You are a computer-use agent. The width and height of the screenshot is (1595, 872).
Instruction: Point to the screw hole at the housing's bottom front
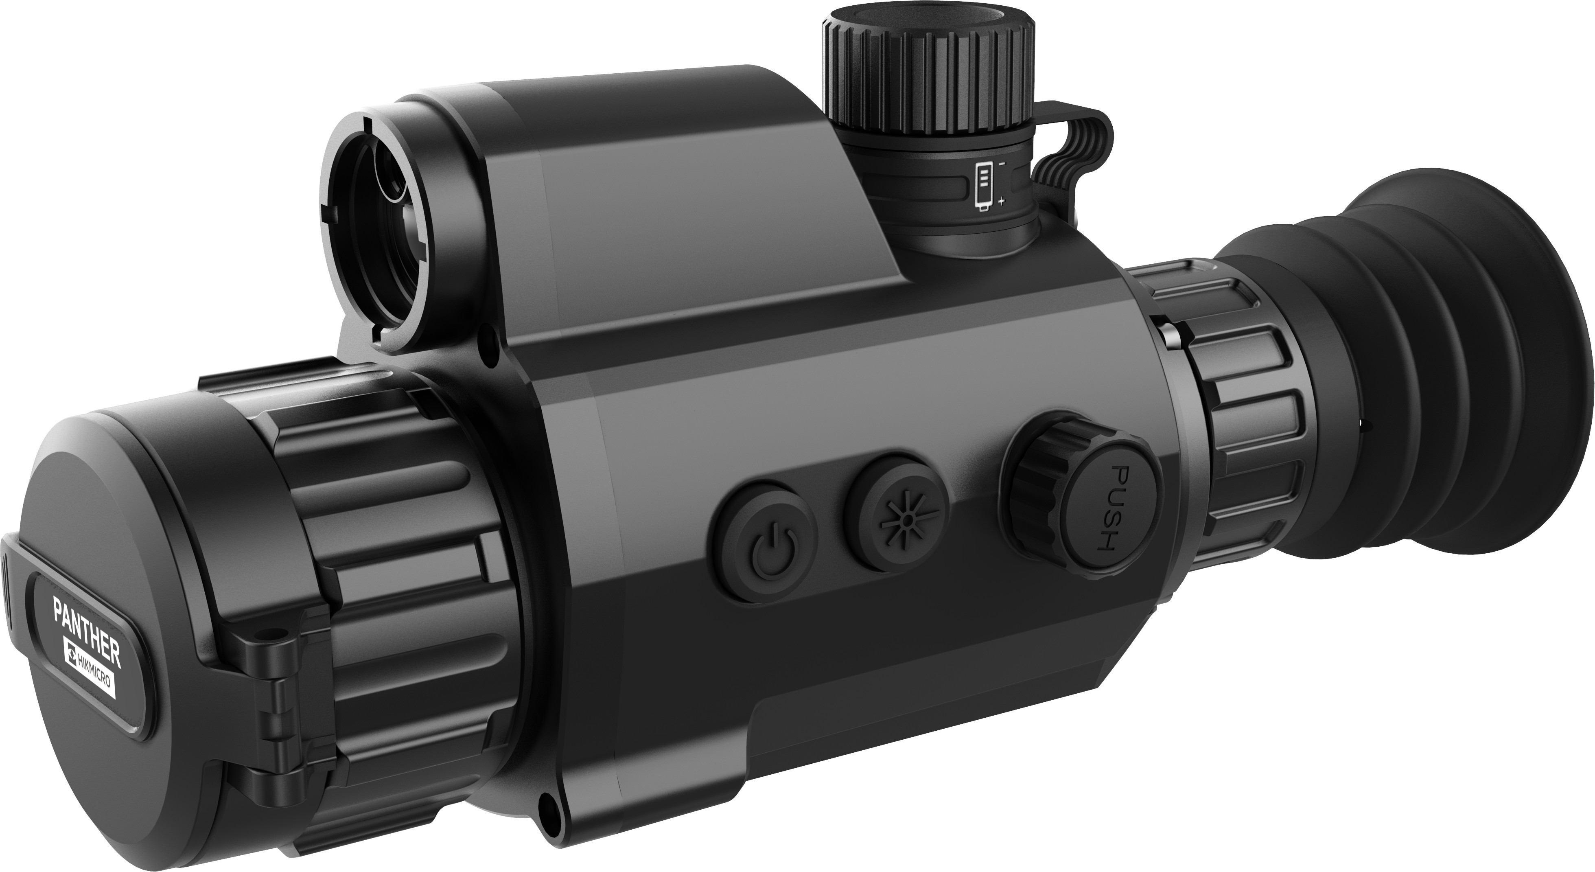click(547, 806)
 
